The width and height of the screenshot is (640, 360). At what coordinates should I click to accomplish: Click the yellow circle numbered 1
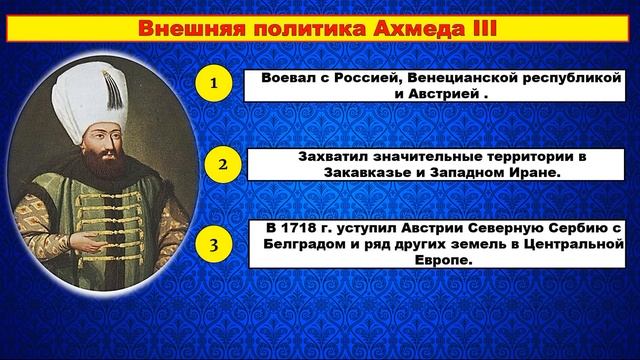coord(213,84)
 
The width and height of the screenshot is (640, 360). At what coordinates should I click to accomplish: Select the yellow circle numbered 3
coord(213,243)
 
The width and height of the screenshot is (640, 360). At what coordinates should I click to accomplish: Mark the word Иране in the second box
coord(516,172)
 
